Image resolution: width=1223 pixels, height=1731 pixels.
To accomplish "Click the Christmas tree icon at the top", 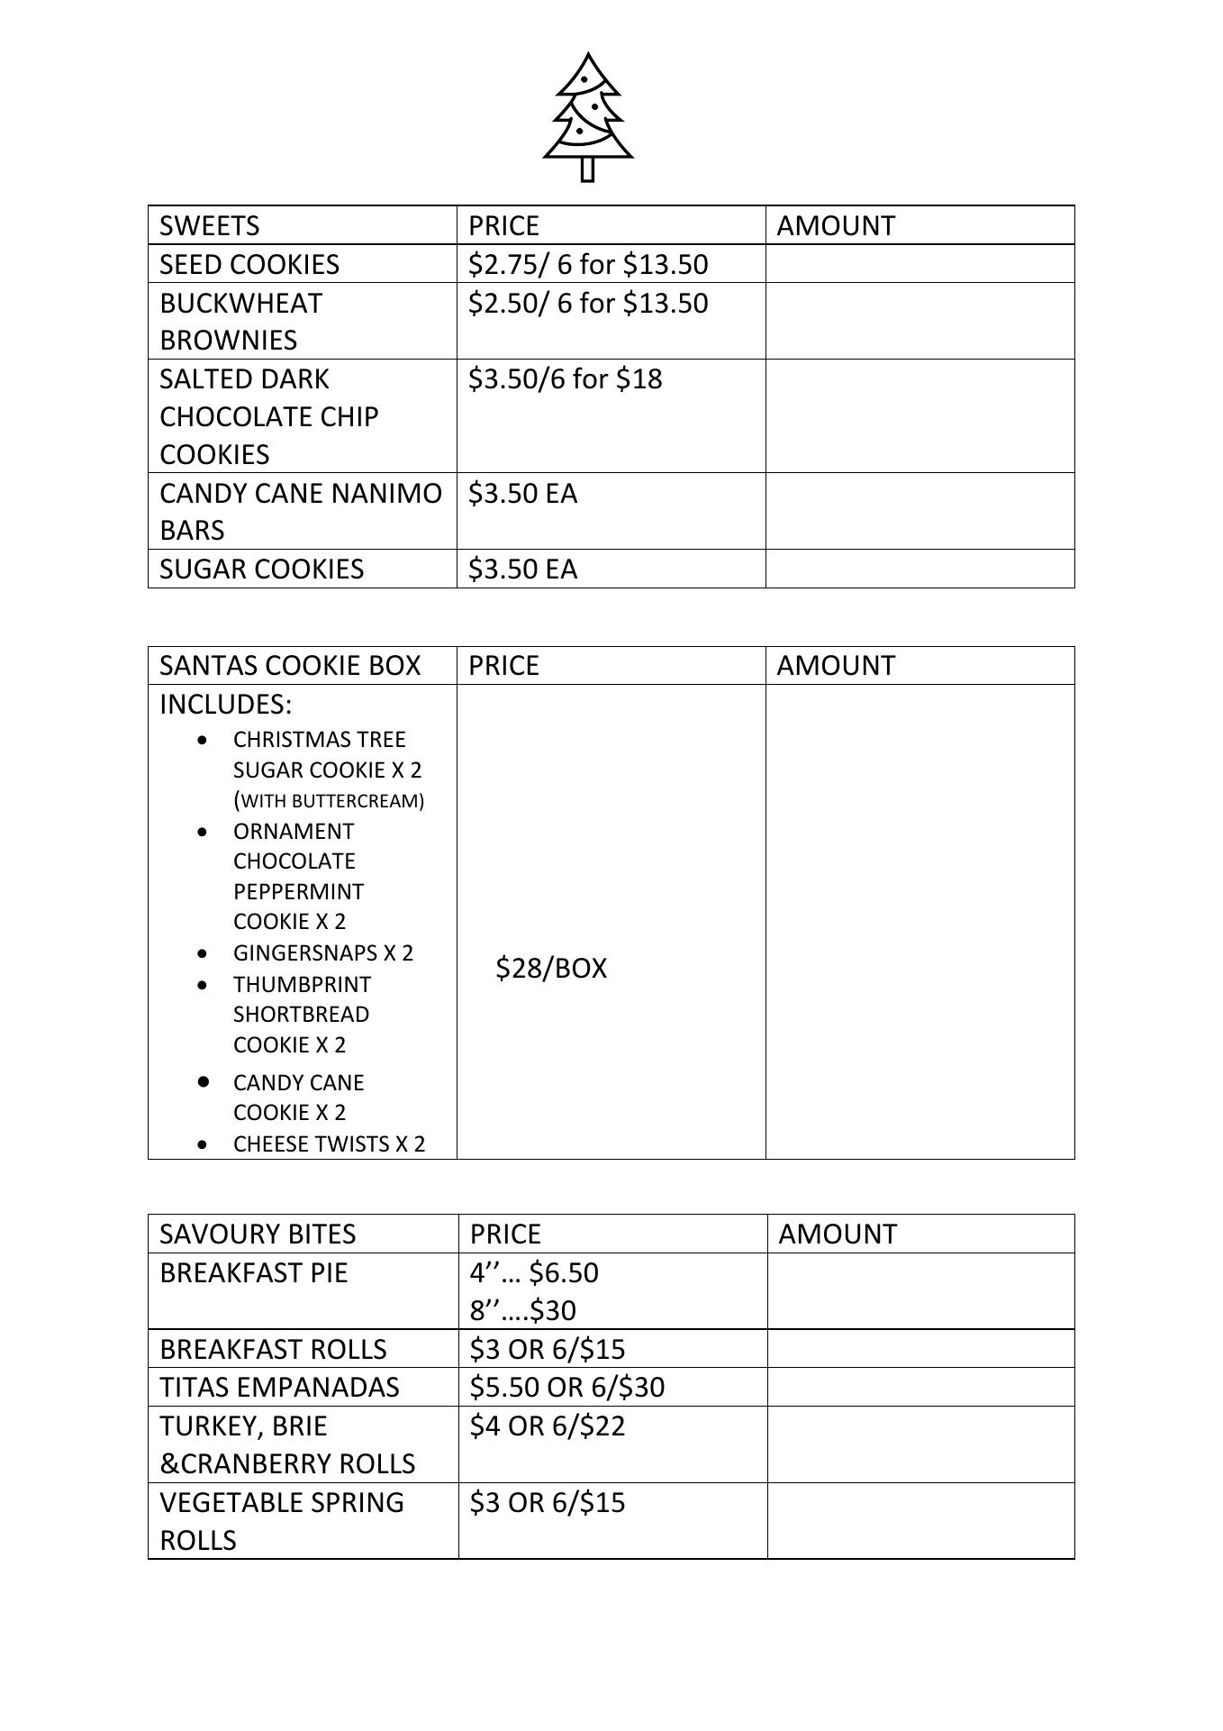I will pyautogui.click(x=588, y=116).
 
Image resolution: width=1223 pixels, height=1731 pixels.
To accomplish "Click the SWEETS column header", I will pyautogui.click(x=209, y=225).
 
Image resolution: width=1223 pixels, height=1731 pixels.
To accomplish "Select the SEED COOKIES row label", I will pyautogui.click(x=249, y=264).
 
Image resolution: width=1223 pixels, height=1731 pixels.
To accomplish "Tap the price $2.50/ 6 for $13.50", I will pyautogui.click(x=588, y=303).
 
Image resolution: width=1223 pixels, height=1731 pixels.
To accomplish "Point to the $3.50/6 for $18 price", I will pyautogui.click(x=565, y=378).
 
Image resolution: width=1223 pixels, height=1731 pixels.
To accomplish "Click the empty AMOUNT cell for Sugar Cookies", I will pyautogui.click(x=920, y=569).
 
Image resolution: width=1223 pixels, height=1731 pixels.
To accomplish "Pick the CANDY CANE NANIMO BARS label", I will pyautogui.click(x=300, y=511).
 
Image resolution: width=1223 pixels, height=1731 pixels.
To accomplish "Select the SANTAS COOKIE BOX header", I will pyautogui.click(x=290, y=665).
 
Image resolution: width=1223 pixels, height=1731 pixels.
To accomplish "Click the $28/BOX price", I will pyautogui.click(x=551, y=968).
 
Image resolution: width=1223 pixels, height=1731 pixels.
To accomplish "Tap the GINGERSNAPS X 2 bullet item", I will pyautogui.click(x=322, y=952).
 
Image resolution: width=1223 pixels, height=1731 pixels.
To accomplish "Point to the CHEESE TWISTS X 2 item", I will pyautogui.click(x=329, y=1143).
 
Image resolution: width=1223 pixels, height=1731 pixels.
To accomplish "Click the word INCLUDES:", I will pyautogui.click(x=226, y=704).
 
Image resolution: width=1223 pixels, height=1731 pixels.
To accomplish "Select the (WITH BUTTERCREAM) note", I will pyautogui.click(x=329, y=800).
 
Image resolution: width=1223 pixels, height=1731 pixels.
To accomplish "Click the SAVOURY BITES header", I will pyautogui.click(x=258, y=1234).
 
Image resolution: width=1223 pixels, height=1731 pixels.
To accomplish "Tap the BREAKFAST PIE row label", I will pyautogui.click(x=253, y=1272).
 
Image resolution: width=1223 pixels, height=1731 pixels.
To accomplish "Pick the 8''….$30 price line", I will pyautogui.click(x=522, y=1309).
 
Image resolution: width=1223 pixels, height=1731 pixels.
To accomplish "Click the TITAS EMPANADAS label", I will pyautogui.click(x=279, y=1386).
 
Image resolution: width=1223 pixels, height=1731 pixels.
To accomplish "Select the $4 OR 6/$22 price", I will pyautogui.click(x=547, y=1426).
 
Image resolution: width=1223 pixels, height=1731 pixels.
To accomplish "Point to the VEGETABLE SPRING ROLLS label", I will pyautogui.click(x=281, y=1521).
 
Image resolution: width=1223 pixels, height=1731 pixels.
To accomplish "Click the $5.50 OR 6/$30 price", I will pyautogui.click(x=566, y=1386).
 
